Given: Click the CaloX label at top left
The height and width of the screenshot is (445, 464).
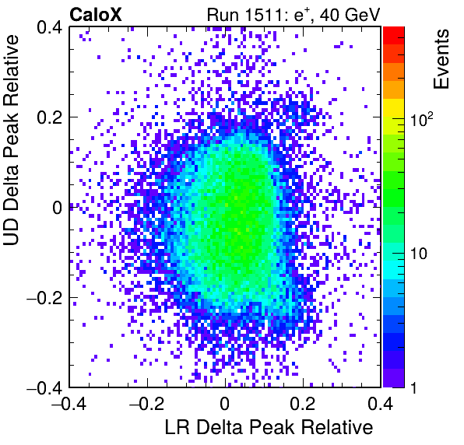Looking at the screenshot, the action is (x=96, y=15).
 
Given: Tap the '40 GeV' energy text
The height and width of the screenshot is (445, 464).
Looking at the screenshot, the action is (x=350, y=15).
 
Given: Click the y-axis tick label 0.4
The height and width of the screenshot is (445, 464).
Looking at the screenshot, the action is (x=49, y=27).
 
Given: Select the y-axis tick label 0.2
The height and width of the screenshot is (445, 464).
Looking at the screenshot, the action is (x=49, y=117).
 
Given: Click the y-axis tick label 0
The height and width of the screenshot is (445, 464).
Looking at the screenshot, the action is (x=57, y=208).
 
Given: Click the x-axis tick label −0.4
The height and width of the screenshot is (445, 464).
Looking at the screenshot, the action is (x=69, y=404).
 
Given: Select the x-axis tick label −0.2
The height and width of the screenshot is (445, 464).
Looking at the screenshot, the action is (x=147, y=404).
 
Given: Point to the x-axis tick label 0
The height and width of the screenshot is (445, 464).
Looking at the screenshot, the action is (x=225, y=404).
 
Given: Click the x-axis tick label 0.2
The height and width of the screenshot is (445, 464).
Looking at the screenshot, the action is (x=303, y=404).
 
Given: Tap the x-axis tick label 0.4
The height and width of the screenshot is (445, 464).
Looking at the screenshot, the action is (x=380, y=404).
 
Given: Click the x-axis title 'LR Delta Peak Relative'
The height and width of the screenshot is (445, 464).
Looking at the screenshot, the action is (x=269, y=427).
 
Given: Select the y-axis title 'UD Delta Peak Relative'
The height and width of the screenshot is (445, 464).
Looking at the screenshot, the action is (x=11, y=140).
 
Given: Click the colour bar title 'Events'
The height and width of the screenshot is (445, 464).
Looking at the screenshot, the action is (x=441, y=59).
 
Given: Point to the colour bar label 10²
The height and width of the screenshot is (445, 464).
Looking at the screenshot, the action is (x=422, y=119).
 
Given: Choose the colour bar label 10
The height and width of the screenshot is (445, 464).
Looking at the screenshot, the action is (x=419, y=254).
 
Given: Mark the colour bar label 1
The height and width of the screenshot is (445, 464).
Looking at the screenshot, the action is (x=413, y=387).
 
